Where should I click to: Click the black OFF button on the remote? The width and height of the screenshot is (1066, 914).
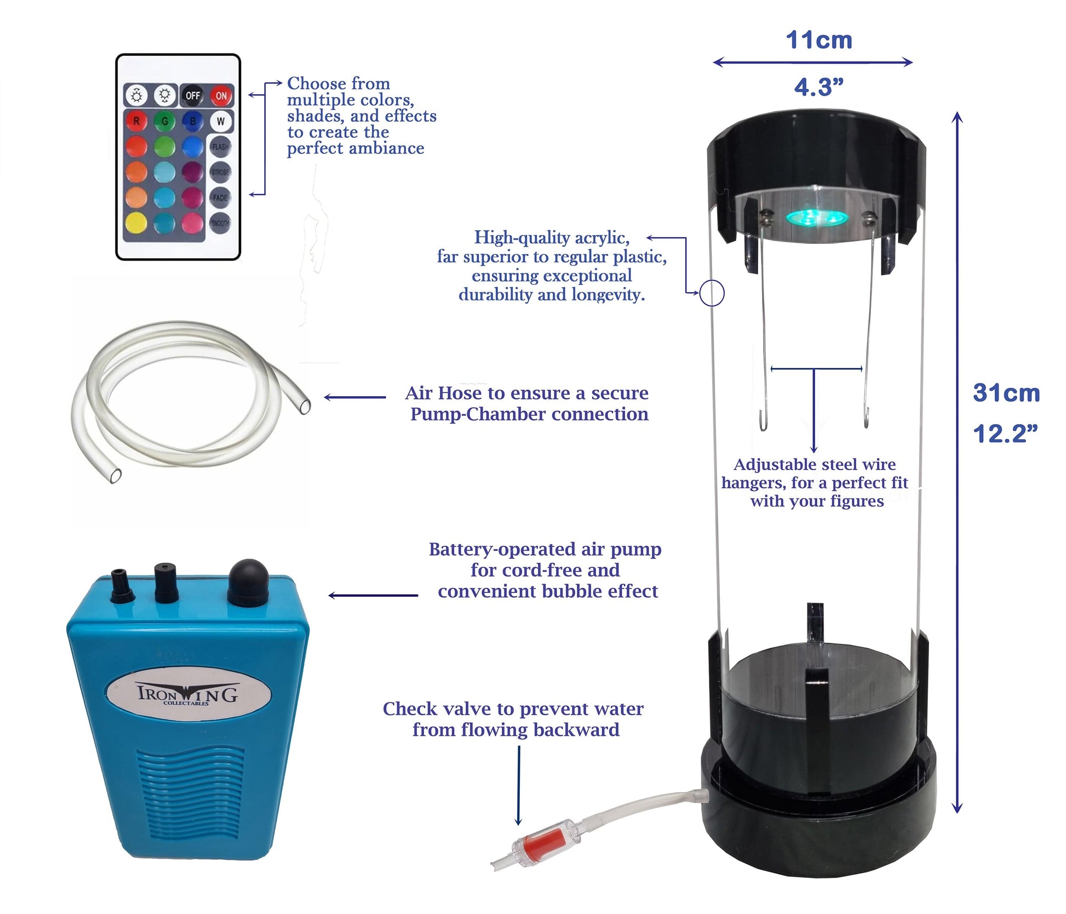pos(192,95)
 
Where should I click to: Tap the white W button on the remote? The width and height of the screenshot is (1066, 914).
pos(221,121)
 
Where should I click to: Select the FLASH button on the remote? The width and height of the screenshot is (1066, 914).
pos(220,146)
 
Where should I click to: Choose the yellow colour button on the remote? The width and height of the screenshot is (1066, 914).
pos(136,222)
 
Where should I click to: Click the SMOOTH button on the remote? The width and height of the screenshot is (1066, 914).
pos(220,223)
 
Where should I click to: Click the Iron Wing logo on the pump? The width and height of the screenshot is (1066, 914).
pos(187,694)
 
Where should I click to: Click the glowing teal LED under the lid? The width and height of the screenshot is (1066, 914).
pos(817,218)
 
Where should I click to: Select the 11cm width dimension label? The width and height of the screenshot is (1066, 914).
pos(819,40)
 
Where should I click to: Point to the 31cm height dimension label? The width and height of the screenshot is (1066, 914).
pos(1006,393)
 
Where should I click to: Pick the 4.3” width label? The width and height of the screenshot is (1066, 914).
pos(819,87)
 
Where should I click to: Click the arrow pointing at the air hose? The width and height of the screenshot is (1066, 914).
pos(355,397)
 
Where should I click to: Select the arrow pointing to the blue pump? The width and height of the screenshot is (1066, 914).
pos(373,595)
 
